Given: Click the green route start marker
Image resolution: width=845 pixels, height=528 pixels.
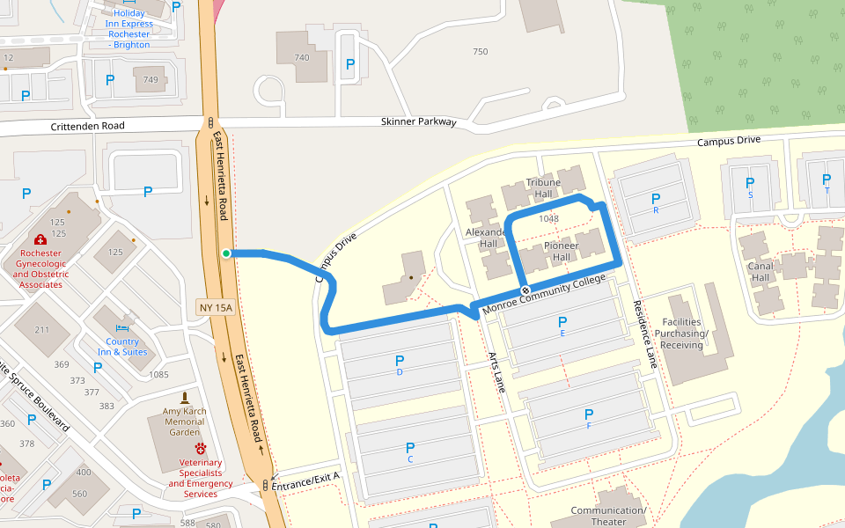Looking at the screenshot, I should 226,253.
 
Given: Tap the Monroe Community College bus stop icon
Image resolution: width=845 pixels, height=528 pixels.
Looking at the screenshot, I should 525,290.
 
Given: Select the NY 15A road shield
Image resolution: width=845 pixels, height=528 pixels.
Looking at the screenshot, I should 216,307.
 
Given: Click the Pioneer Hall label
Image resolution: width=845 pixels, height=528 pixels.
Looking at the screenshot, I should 561,251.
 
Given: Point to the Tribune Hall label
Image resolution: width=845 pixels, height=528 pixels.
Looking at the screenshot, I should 543,188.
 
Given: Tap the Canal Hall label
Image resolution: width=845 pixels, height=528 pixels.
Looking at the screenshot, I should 760,272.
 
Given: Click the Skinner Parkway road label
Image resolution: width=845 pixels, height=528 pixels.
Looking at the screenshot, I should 418,121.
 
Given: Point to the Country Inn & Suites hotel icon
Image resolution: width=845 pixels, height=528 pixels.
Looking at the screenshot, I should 122,327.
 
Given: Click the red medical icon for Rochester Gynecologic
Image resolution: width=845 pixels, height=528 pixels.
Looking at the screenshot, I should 40,239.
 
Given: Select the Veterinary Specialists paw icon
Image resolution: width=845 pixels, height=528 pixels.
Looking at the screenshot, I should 201,449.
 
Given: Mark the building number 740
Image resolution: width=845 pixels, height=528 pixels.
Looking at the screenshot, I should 302,57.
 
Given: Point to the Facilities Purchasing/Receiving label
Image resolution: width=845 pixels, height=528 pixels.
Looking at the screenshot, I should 682,334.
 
